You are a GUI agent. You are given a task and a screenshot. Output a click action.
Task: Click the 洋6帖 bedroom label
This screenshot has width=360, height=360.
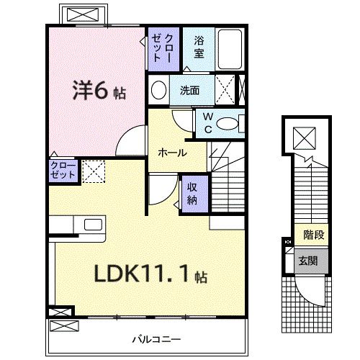click(97, 92)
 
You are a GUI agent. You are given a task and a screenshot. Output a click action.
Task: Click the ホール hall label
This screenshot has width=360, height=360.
click(173, 153)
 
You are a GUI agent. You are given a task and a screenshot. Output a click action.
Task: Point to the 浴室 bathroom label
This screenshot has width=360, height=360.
click(199, 48)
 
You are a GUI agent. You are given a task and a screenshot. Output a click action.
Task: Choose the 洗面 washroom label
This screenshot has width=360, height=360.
click(190, 91)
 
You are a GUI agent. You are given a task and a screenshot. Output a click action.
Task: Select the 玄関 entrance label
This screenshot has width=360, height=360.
click(312, 258)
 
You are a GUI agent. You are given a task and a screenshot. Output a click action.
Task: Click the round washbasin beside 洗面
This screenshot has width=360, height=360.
click(158, 90)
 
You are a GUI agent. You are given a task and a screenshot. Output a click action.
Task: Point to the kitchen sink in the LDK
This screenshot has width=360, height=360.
click(93, 224)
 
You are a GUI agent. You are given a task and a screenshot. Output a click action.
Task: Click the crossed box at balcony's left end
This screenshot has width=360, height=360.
click(60, 312)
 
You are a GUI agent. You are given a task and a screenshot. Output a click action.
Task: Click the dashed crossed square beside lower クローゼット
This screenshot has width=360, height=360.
click(93, 171)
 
